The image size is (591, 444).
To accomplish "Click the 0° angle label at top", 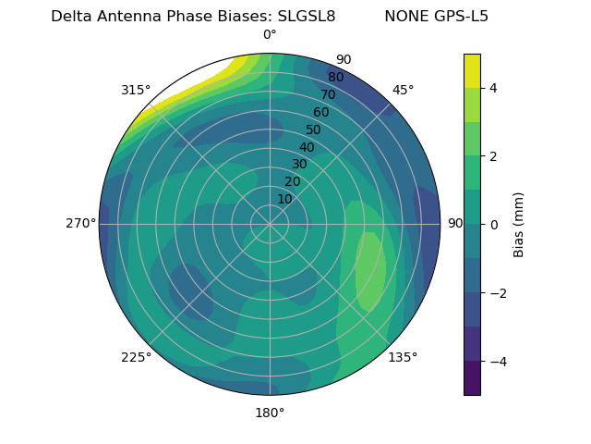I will (x=270, y=35).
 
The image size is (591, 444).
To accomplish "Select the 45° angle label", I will (x=403, y=90).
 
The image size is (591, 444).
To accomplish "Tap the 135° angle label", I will (x=403, y=357).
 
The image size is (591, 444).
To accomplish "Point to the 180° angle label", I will (x=270, y=413).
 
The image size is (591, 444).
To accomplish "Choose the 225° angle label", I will (x=136, y=357).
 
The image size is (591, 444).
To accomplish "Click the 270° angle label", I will (x=80, y=223).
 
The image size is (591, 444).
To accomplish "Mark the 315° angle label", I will (x=136, y=90).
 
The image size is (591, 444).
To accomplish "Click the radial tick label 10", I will (x=284, y=199).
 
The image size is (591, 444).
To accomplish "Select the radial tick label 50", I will (x=314, y=129).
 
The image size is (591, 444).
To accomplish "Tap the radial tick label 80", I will (x=335, y=77).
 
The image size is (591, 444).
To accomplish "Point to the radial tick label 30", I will (x=299, y=165).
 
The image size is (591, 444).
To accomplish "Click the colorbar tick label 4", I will (x=494, y=88).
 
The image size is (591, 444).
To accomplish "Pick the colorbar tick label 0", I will (x=494, y=224).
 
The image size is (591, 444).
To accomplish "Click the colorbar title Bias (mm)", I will (x=519, y=224).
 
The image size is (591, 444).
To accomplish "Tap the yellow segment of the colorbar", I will (x=472, y=70).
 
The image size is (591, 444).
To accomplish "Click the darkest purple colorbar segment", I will (x=472, y=377).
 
